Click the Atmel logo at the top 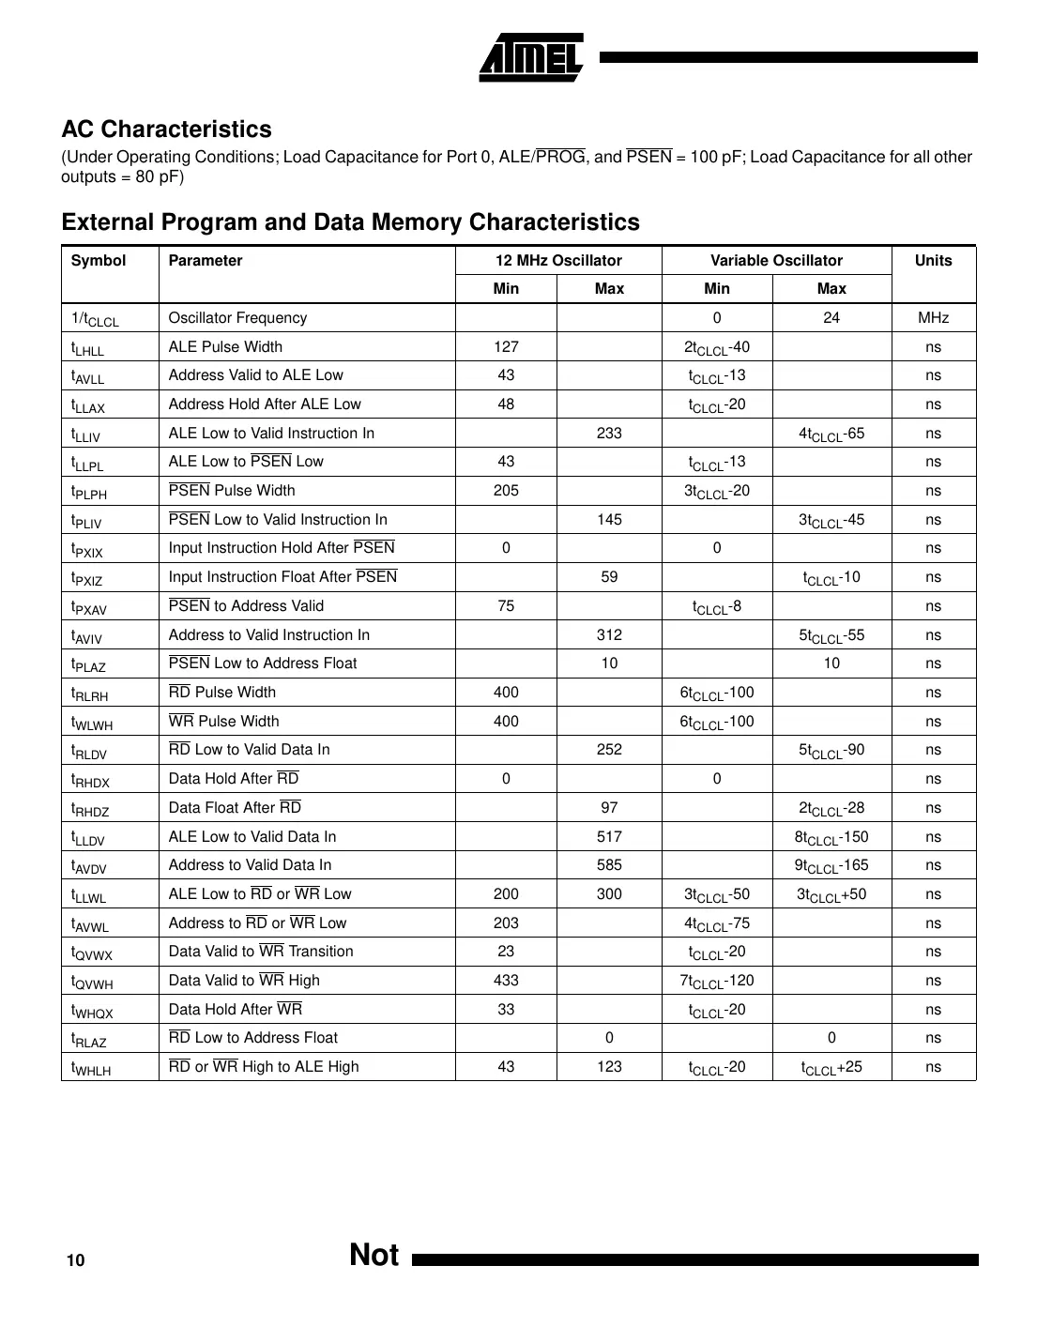click(x=532, y=58)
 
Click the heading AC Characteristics click(x=166, y=130)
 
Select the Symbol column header click(x=99, y=261)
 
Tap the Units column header click(x=933, y=261)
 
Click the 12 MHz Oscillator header click(x=558, y=261)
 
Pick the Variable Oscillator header click(x=776, y=261)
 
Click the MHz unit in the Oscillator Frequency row click(x=933, y=318)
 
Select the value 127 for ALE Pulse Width click(x=506, y=347)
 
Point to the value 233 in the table click(x=609, y=434)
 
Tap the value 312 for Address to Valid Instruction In click(x=609, y=635)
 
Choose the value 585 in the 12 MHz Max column click(x=609, y=865)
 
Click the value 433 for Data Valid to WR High click(x=506, y=981)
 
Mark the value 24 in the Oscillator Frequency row click(x=831, y=318)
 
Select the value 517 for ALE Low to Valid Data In click(x=609, y=837)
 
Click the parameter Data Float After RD click(x=235, y=808)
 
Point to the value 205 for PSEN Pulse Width click(x=506, y=491)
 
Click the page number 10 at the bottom click(x=75, y=1260)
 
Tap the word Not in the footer click(x=374, y=1256)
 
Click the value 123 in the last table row click(x=609, y=1067)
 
